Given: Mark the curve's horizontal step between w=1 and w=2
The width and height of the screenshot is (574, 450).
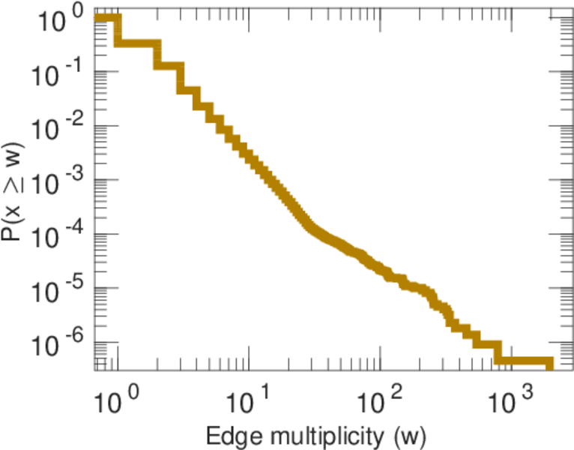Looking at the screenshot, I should pos(138,43).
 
